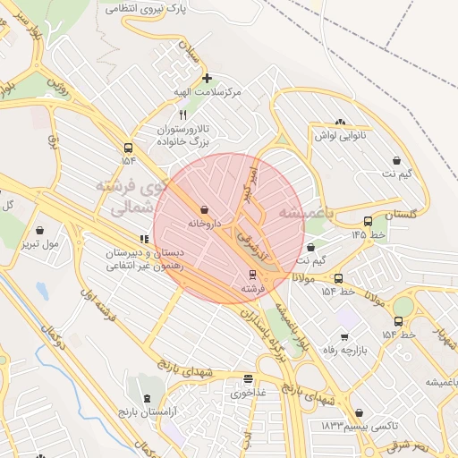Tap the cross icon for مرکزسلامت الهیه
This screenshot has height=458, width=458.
point(208,78)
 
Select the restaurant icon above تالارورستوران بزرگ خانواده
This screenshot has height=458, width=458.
point(183,114)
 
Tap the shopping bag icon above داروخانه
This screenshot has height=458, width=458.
point(205,210)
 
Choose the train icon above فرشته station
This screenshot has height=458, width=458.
point(252,276)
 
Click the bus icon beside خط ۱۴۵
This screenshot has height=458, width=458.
point(368,222)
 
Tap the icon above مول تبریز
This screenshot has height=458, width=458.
point(38,230)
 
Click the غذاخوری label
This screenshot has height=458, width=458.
point(248,392)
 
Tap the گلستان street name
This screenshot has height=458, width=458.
point(402,215)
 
